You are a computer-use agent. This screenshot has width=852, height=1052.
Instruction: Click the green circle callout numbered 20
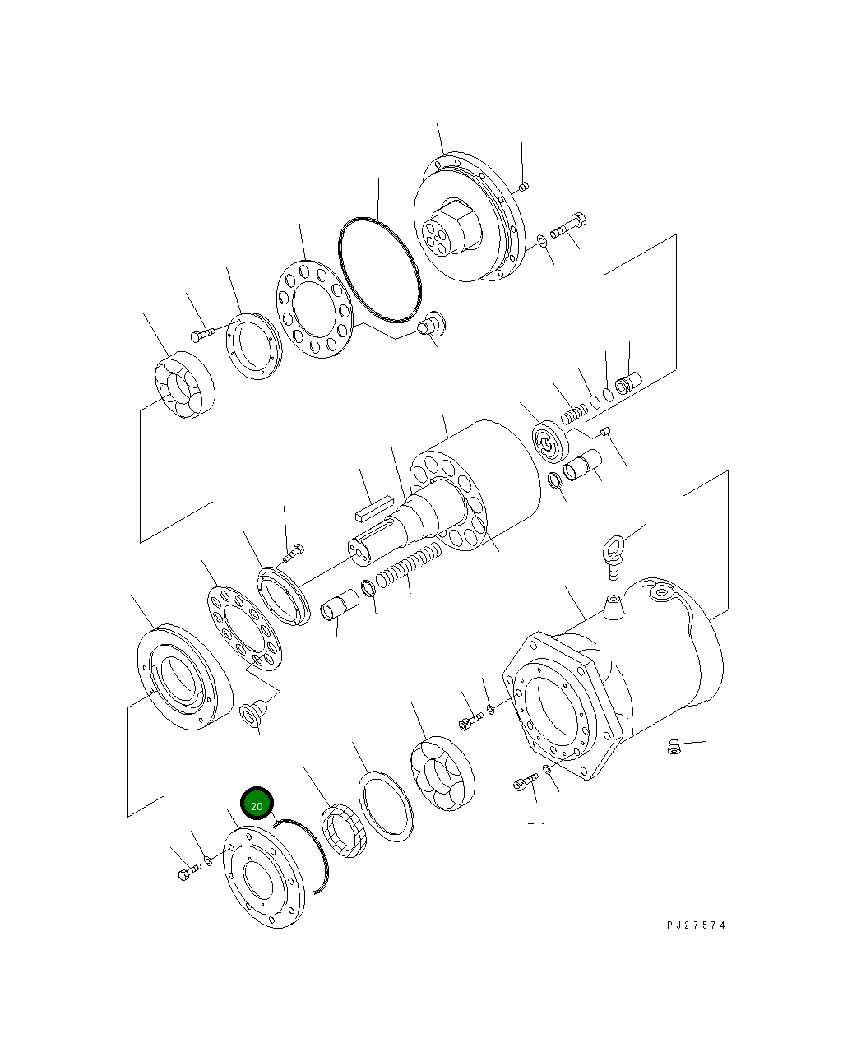coord(257,805)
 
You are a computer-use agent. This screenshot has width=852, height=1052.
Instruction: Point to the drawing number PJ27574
coord(696,925)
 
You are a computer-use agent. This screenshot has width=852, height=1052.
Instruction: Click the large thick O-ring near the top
coord(379,270)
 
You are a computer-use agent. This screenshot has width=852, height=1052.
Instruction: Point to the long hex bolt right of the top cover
coord(567,226)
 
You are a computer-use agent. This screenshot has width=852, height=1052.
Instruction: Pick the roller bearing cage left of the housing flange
coord(442,773)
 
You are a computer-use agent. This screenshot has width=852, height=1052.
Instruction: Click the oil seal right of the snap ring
coord(344,832)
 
